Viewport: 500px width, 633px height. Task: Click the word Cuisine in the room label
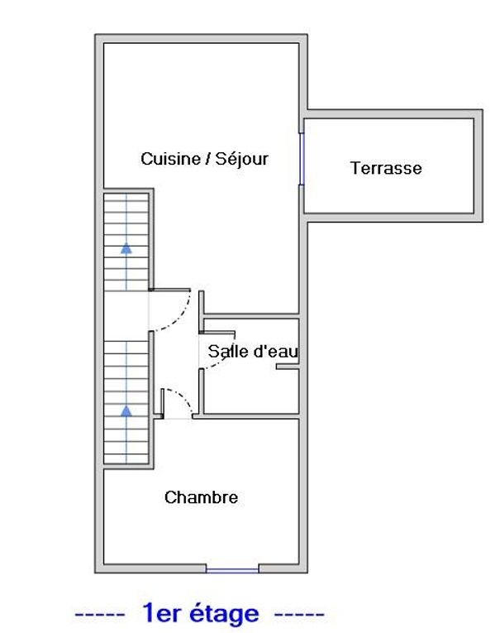170,159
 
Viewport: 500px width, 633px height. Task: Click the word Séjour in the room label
241,160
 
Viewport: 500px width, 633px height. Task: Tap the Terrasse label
386,168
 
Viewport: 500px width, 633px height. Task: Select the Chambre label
201,497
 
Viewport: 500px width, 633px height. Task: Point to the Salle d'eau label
253,351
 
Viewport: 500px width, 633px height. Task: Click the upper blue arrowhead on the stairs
126,248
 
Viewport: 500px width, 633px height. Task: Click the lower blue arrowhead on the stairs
126,411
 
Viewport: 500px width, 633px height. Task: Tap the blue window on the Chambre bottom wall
232,570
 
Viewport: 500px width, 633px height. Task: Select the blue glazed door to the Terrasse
301,159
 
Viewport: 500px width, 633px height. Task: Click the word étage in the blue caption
224,614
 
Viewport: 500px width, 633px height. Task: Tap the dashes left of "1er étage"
100,615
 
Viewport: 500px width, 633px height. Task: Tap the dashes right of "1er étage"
299,615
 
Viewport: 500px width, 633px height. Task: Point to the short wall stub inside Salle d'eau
288,367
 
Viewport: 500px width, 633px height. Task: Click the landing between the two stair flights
126,316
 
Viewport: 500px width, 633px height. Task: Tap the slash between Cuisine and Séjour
208,159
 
